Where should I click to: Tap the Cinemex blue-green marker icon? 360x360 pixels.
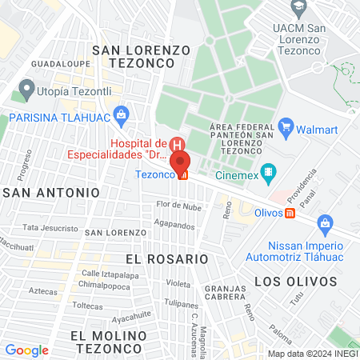point(270,170)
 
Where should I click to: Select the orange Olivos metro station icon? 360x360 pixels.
point(290,213)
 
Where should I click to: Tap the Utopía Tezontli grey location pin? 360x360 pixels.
point(27,88)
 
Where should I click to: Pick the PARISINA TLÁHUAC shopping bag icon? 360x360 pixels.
point(121,114)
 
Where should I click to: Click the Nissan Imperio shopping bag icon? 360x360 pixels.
point(325,222)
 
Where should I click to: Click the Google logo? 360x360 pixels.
point(26,350)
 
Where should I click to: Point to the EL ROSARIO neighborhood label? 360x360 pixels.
point(166,259)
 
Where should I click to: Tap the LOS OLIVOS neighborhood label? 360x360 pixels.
point(288,281)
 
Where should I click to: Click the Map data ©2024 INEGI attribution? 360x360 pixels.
point(311,353)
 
